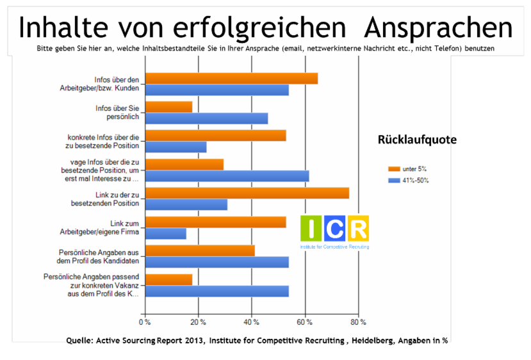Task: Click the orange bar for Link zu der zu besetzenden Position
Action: (x=247, y=193)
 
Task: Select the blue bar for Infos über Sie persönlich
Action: (x=206, y=119)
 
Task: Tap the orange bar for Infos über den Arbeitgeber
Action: (x=231, y=79)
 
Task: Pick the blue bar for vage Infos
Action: (x=227, y=176)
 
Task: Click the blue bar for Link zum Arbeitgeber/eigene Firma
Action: (x=165, y=234)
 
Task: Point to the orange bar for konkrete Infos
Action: (x=215, y=136)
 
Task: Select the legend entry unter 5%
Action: (x=407, y=168)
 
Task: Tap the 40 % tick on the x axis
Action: (x=252, y=322)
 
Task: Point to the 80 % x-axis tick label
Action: (x=359, y=322)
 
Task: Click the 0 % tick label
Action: (x=145, y=322)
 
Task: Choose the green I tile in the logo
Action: (x=311, y=229)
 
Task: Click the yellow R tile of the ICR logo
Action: (x=358, y=229)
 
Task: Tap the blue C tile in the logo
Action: (x=334, y=229)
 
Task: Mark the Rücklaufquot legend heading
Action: (x=413, y=140)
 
